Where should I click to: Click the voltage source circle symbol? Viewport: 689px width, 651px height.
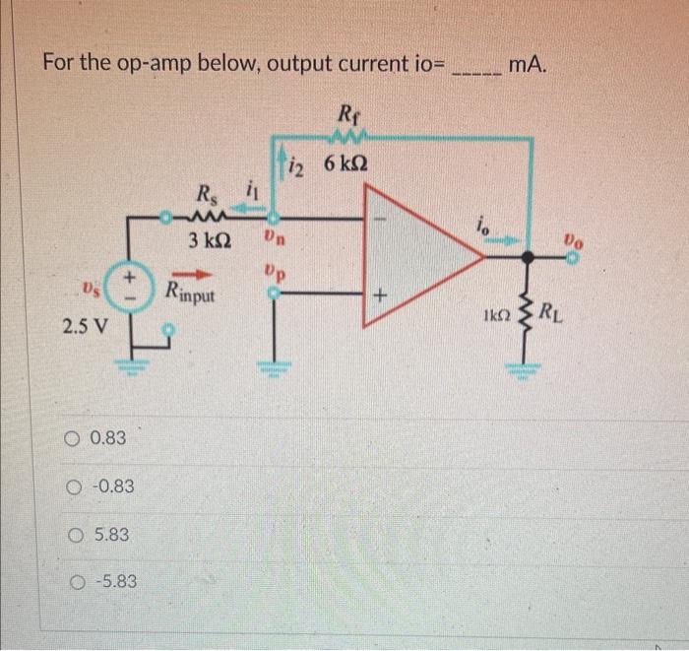[x=129, y=282]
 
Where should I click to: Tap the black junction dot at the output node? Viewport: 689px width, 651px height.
[x=529, y=258]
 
